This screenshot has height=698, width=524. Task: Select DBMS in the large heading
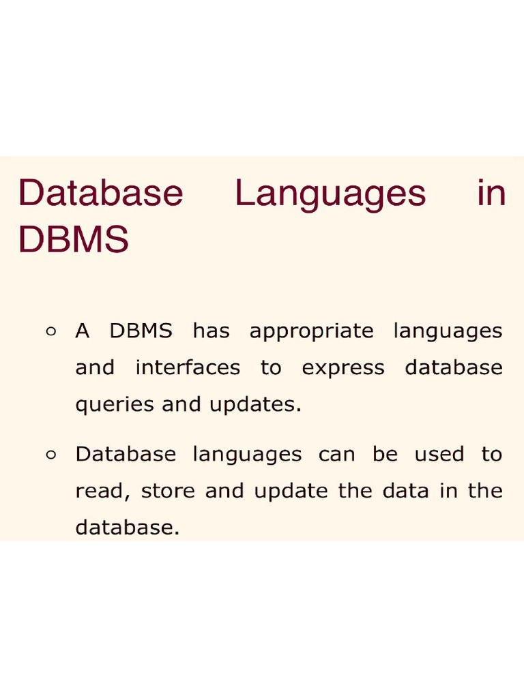74,239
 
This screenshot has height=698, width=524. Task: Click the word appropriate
312,332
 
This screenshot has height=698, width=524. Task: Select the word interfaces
188,368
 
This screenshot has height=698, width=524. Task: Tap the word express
343,368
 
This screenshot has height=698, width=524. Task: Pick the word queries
115,405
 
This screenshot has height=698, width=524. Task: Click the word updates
256,405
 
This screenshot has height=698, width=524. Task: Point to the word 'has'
212,331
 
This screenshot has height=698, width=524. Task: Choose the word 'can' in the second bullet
337,455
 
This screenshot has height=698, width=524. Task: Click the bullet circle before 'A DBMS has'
50,332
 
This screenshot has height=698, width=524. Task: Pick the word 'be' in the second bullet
385,455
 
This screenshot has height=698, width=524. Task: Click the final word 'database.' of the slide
127,528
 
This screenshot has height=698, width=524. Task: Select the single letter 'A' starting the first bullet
83,331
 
